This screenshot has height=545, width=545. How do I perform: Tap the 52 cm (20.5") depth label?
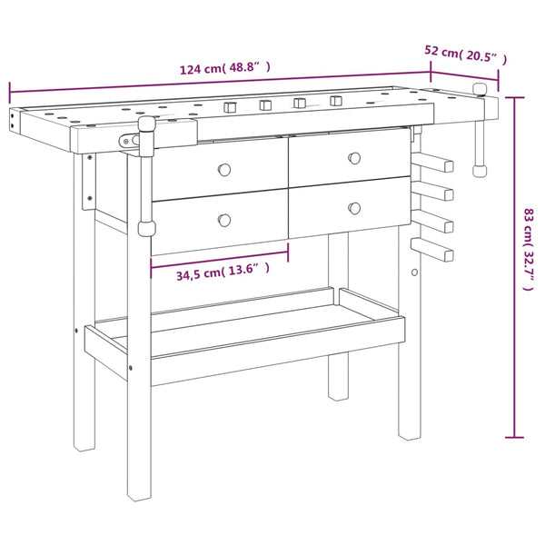pos(466,54)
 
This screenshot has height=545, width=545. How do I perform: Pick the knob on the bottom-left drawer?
pos(224,220)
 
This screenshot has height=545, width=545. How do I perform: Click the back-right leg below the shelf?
pos(337,372)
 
